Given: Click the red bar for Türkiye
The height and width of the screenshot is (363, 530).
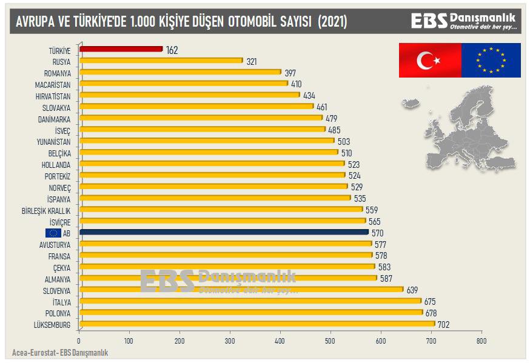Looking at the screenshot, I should coord(121,49).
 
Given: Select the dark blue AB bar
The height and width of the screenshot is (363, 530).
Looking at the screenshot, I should coord(224,232).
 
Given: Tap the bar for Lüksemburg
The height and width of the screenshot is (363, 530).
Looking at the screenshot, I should coord(257,324).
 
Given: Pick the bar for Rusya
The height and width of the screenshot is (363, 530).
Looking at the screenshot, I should coord(161,61).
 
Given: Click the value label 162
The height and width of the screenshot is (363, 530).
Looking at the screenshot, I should coord(172,50).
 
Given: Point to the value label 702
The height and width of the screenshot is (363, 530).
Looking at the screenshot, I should coord(443,325).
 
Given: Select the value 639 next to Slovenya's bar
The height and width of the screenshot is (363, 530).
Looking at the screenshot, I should coord(412,290).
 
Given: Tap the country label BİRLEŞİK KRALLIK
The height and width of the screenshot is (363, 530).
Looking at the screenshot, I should coord(46,210).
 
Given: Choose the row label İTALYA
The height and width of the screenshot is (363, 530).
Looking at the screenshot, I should coord(61,302).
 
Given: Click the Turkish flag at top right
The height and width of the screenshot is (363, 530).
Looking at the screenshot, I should coord(429,60).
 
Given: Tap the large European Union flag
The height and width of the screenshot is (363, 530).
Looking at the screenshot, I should coord(491,60).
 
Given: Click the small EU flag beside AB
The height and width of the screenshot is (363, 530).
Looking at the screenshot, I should coord(53,233).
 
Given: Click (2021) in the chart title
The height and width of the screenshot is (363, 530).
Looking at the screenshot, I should coord(333,22).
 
